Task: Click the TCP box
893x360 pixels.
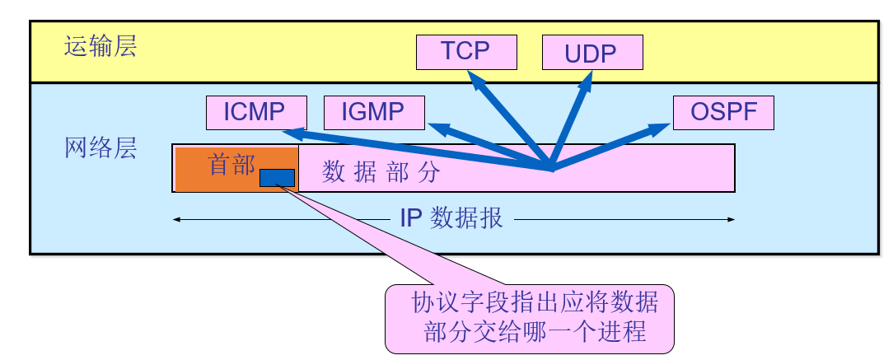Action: tap(466, 52)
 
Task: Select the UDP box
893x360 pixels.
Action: tap(591, 54)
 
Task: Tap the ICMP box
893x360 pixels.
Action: tap(256, 113)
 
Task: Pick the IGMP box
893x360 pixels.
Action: tap(374, 113)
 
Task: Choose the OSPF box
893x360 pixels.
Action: tap(723, 113)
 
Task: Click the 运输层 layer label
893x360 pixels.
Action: tap(101, 46)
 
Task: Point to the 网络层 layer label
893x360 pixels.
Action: tap(101, 148)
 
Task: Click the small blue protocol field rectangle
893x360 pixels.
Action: tap(277, 177)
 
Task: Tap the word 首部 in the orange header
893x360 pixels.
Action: tap(232, 165)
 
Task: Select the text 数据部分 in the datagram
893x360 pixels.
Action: tap(381, 172)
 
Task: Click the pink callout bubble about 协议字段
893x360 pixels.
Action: tap(529, 317)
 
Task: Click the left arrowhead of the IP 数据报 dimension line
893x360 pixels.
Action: tap(177, 219)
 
